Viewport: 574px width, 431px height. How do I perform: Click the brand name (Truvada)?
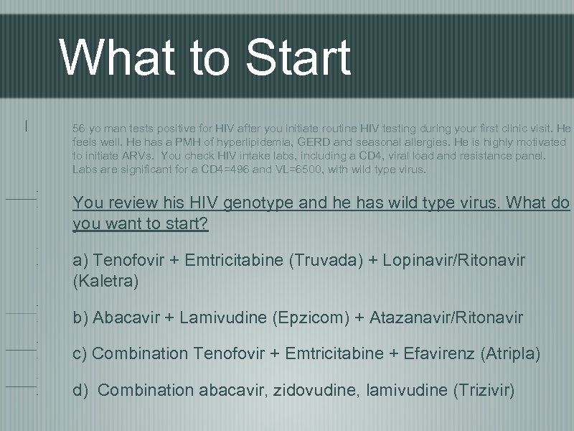(x=322, y=259)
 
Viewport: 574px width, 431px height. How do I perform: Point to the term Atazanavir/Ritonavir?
(x=446, y=317)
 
